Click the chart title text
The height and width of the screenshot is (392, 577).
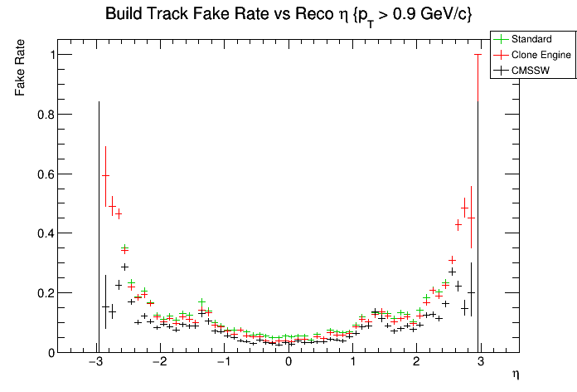pos(288,15)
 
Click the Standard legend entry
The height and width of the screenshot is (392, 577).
pos(531,39)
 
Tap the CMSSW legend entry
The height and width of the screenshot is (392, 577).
pos(531,71)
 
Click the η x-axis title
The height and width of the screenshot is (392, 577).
pos(516,375)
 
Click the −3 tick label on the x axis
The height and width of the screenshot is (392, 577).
pos(95,363)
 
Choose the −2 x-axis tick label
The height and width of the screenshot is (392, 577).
pos(159,363)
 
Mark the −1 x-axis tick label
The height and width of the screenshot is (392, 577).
pos(223,363)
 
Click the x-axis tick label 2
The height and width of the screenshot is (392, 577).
pos(417,363)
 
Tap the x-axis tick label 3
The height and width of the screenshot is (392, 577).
pos(481,363)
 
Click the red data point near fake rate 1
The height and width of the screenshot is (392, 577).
pos(478,55)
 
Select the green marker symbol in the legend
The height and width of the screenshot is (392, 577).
pos(501,39)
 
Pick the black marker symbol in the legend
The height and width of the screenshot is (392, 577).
pos(501,71)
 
